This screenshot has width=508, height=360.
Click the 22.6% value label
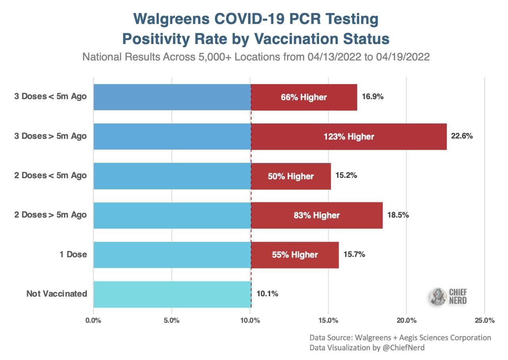tap(462, 136)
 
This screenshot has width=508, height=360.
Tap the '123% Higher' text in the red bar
tap(349, 137)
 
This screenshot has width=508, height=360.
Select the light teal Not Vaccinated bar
tap(172, 294)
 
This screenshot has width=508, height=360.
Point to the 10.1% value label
tap(267, 294)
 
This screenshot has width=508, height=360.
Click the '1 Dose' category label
tap(73, 254)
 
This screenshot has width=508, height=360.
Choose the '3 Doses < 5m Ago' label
tap(50, 96)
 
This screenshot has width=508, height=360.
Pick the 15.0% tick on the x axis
tap(328, 320)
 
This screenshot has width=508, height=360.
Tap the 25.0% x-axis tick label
tap(485, 320)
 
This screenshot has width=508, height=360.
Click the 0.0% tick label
tap(93, 320)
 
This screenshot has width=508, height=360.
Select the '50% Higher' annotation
tap(291, 176)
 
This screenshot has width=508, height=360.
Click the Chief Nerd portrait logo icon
tap(438, 297)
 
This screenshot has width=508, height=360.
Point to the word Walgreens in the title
tap(171, 19)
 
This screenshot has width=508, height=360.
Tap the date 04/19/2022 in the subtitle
tap(403, 57)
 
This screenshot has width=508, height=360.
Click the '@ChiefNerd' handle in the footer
tap(404, 348)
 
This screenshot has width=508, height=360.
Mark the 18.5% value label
tap(398, 215)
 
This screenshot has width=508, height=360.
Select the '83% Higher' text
tap(317, 215)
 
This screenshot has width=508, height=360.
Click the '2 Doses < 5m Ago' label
tap(50, 175)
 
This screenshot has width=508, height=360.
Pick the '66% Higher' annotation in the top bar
tap(304, 97)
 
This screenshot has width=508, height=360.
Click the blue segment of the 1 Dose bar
tap(172, 255)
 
